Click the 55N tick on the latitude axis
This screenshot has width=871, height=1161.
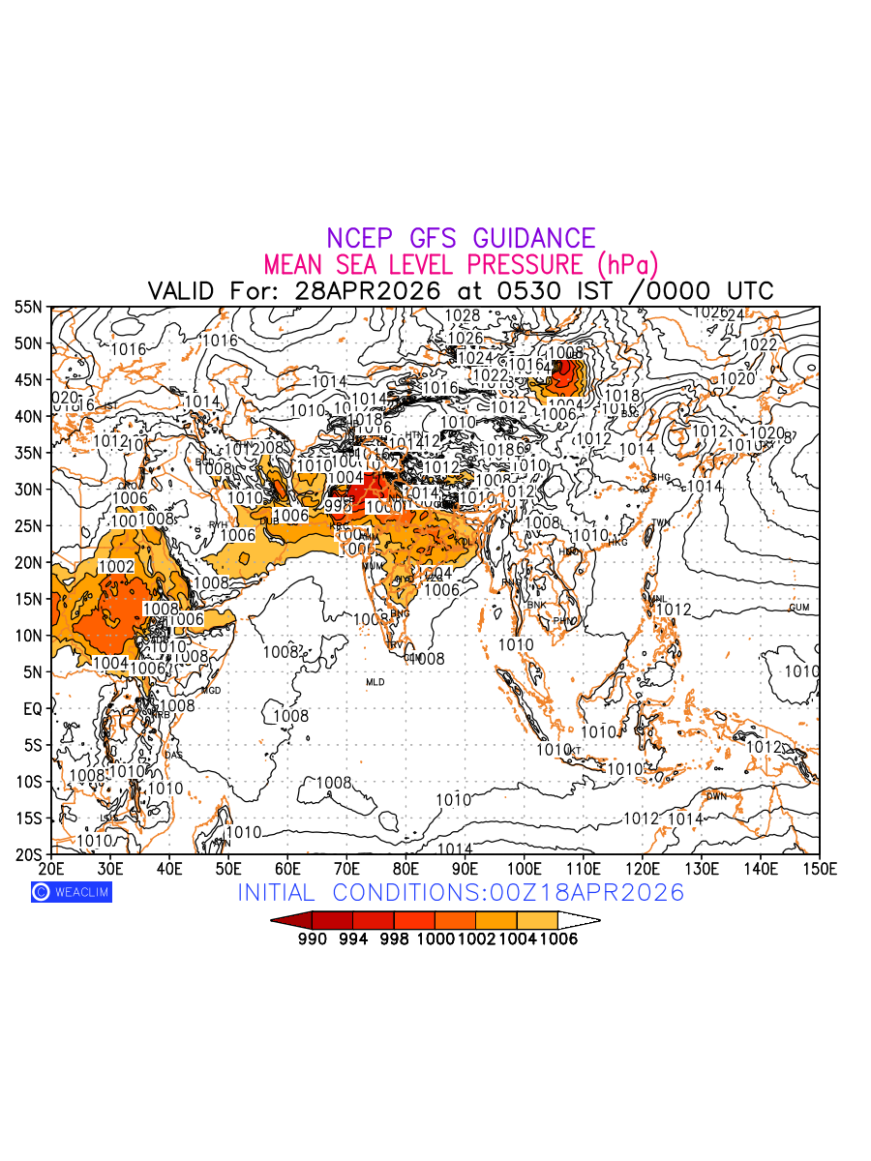(28, 307)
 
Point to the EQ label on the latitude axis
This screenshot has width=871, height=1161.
(32, 709)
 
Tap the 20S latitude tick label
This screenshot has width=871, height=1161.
(28, 854)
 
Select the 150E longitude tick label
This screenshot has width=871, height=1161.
(820, 868)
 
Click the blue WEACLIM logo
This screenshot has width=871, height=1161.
(72, 892)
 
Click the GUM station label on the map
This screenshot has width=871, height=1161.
(798, 608)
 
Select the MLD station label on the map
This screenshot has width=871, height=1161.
(375, 683)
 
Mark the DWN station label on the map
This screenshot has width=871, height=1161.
(716, 796)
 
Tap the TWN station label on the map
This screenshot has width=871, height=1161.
(660, 523)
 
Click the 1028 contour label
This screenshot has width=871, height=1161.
(463, 315)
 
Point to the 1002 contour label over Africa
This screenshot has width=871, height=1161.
(116, 566)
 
